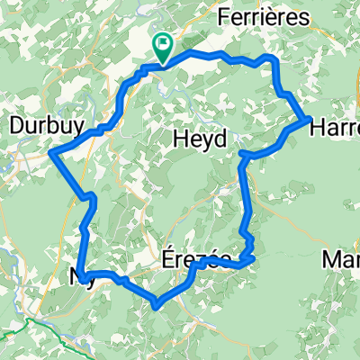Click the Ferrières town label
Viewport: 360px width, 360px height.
265,18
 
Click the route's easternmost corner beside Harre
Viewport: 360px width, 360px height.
310,118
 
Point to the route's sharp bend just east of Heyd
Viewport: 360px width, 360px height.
242,157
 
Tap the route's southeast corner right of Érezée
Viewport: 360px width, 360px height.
252,258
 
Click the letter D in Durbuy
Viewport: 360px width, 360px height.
14,124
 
